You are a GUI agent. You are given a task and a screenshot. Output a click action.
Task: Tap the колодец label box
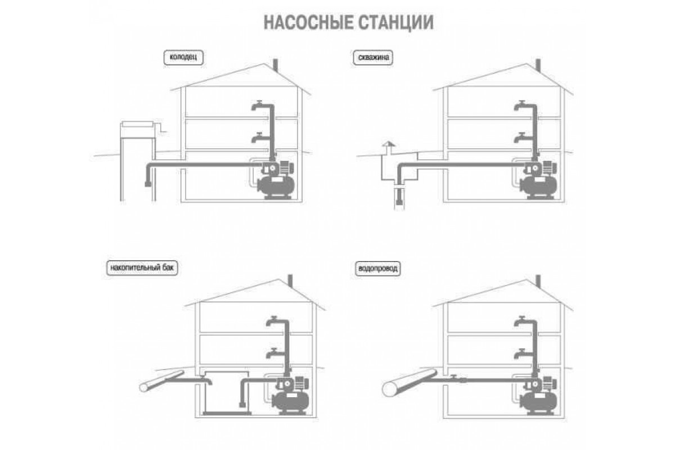[183, 57]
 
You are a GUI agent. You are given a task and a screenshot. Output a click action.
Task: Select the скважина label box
[373, 57]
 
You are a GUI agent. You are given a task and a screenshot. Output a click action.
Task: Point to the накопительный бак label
[142, 268]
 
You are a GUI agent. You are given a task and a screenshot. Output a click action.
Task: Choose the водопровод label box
[377, 268]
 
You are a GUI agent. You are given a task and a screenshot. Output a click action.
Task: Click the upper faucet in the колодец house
[258, 106]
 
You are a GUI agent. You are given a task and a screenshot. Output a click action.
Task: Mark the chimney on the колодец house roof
[275, 66]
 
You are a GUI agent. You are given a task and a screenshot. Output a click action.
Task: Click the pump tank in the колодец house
[276, 186]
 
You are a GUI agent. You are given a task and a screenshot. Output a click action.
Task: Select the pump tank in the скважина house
[538, 186]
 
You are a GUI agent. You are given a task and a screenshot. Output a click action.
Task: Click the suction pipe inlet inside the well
[148, 183]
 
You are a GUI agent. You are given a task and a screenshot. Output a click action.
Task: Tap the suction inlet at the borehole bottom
[399, 201]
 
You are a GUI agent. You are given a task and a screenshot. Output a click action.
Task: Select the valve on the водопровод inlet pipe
[453, 377]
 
